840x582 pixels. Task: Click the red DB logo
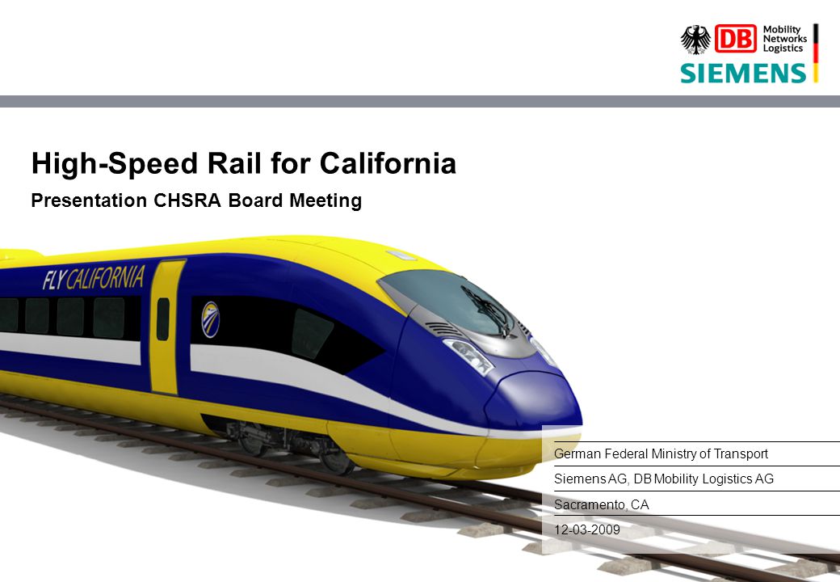pyautogui.click(x=736, y=39)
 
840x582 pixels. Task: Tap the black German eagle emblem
pyautogui.click(x=695, y=40)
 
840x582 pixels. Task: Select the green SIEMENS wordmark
pyautogui.click(x=743, y=74)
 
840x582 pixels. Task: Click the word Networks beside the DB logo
pyautogui.click(x=785, y=39)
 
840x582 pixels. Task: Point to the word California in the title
pyautogui.click(x=388, y=163)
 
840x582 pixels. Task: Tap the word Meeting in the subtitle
pyautogui.click(x=325, y=201)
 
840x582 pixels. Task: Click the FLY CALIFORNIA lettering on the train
pyautogui.click(x=94, y=278)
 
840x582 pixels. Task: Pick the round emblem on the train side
pyautogui.click(x=210, y=319)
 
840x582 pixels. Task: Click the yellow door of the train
pyautogui.click(x=166, y=327)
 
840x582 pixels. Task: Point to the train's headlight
pyautogui.click(x=468, y=355)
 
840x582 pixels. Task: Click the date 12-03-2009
pyautogui.click(x=586, y=529)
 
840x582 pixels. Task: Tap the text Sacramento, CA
pyautogui.click(x=601, y=505)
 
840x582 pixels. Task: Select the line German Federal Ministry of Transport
pyautogui.click(x=661, y=454)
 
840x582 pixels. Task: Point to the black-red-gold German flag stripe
pyautogui.click(x=815, y=53)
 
